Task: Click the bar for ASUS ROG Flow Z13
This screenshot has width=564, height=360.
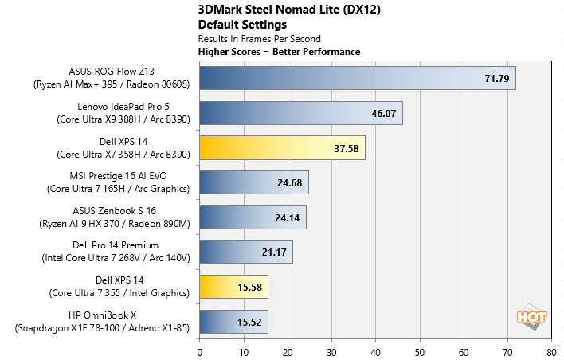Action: (x=358, y=78)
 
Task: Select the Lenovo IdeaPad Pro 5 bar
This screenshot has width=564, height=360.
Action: (x=300, y=113)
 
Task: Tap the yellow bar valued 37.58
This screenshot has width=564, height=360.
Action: (x=282, y=147)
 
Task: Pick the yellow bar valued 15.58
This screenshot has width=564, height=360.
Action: (x=233, y=287)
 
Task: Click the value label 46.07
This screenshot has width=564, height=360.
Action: (x=384, y=113)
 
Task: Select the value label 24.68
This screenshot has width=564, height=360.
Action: (x=290, y=182)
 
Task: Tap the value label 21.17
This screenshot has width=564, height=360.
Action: (x=274, y=252)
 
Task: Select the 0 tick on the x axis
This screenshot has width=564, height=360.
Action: (x=199, y=350)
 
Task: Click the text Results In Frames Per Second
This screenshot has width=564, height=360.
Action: (x=259, y=38)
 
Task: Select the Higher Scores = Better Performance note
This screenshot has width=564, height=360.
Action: (x=279, y=51)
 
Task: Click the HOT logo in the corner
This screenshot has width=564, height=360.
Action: (x=532, y=317)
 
